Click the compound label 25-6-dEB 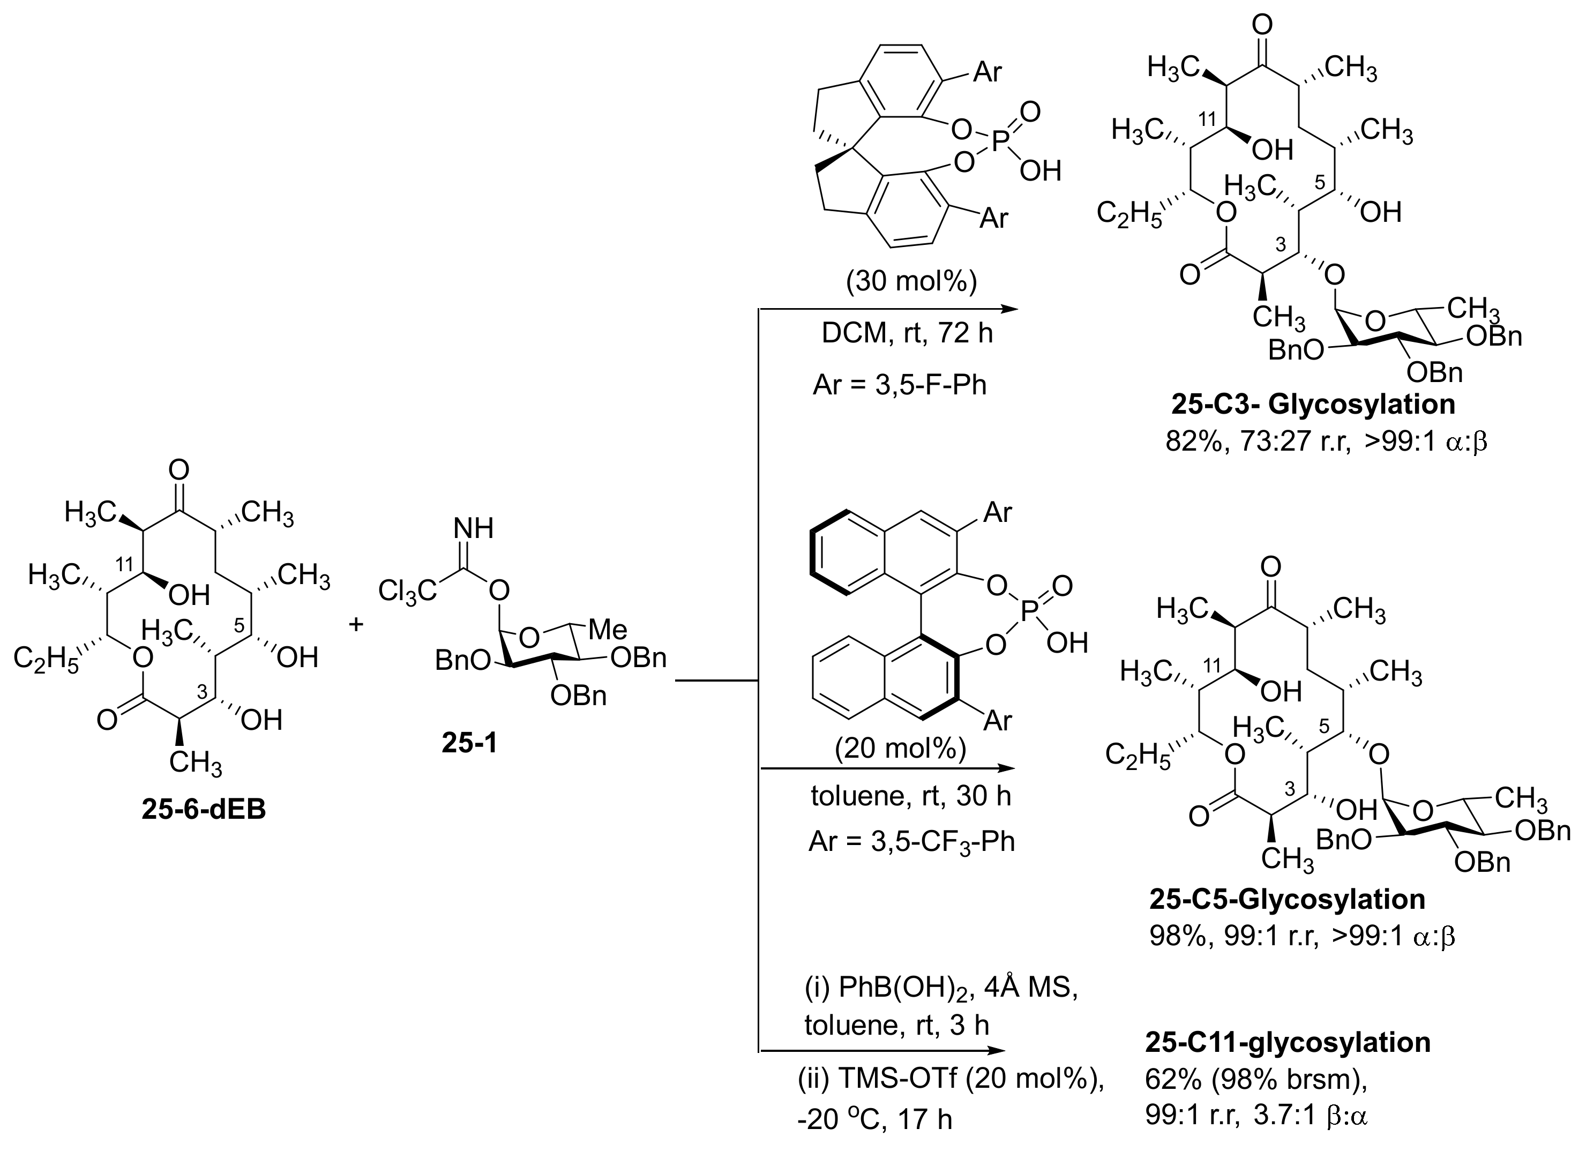click(204, 810)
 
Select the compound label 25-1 click(469, 743)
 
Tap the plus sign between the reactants click(357, 624)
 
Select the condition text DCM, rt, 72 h click(907, 333)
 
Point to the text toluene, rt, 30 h click(910, 796)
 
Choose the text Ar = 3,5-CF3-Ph click(911, 841)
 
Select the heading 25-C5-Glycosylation click(1286, 899)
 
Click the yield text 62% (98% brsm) click(1256, 1080)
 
